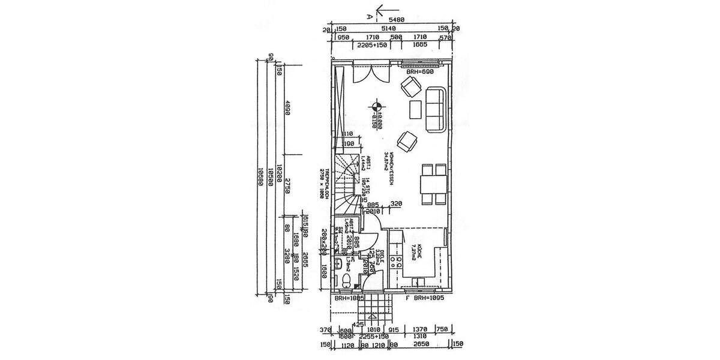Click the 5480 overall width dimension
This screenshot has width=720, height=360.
coord(397,20)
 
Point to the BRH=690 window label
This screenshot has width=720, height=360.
coord(419,72)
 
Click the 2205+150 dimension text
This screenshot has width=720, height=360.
coord(372,45)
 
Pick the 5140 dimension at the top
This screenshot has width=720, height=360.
coord(389,28)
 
